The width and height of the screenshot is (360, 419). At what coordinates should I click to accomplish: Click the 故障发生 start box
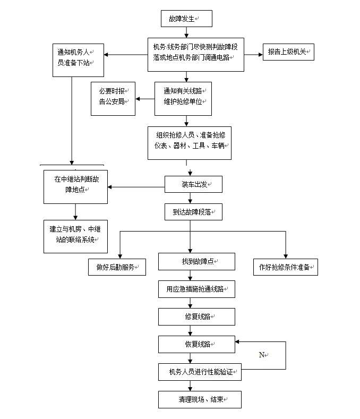tap(186, 19)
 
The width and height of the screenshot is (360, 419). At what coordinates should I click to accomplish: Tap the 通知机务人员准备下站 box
tap(78, 59)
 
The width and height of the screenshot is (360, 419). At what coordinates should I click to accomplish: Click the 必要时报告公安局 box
tap(113, 99)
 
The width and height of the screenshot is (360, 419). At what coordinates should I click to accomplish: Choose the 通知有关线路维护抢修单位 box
tap(183, 98)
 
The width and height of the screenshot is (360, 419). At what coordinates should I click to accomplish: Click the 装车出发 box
tap(193, 184)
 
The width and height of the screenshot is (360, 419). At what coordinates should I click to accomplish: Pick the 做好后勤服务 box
tap(117, 267)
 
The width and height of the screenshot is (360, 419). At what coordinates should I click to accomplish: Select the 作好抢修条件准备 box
tap(285, 267)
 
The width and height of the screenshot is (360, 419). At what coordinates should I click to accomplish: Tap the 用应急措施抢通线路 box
tap(196, 289)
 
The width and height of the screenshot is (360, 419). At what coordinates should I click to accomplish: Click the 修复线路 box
tap(196, 317)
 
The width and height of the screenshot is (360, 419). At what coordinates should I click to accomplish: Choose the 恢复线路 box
tap(196, 344)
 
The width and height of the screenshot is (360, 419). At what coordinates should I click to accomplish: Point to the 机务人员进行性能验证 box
tap(200, 372)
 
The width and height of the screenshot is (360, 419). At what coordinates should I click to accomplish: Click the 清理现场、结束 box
tap(200, 399)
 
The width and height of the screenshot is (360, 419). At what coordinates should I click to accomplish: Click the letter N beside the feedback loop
tap(262, 355)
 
